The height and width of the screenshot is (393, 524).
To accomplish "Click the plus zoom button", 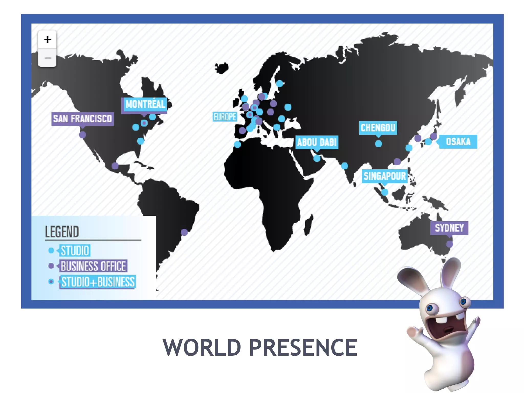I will tap(47, 39).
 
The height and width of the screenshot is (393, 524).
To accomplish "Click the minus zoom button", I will tap(47, 58).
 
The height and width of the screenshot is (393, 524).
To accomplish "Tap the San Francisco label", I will tap(82, 119).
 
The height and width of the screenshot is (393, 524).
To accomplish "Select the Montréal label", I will tap(145, 104).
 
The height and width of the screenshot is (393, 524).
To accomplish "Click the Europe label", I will tap(225, 117).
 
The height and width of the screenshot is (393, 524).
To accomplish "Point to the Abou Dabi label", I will tap(317, 142).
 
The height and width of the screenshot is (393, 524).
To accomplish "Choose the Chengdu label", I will tap(378, 128).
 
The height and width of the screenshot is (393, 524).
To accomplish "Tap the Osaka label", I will tap(458, 141).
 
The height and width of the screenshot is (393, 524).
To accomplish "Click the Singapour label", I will tap(385, 176).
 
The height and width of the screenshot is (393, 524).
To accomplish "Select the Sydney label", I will tap(449, 228).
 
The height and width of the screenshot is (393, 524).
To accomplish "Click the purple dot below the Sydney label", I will tap(450, 244).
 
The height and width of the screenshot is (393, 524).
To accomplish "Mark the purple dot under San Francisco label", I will tap(82, 135).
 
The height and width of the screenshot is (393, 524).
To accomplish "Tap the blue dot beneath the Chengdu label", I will tap(378, 144).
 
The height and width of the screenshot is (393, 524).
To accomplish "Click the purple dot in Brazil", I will tap(184, 232).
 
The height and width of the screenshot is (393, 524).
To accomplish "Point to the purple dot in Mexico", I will tap(115, 166).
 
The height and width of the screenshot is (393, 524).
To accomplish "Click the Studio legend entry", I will tap(75, 250).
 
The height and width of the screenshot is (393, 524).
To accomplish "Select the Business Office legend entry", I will tap(93, 266).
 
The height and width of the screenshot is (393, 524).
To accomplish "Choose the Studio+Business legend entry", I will tap(98, 282).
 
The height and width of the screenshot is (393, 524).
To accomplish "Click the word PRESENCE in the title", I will tap(303, 347).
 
